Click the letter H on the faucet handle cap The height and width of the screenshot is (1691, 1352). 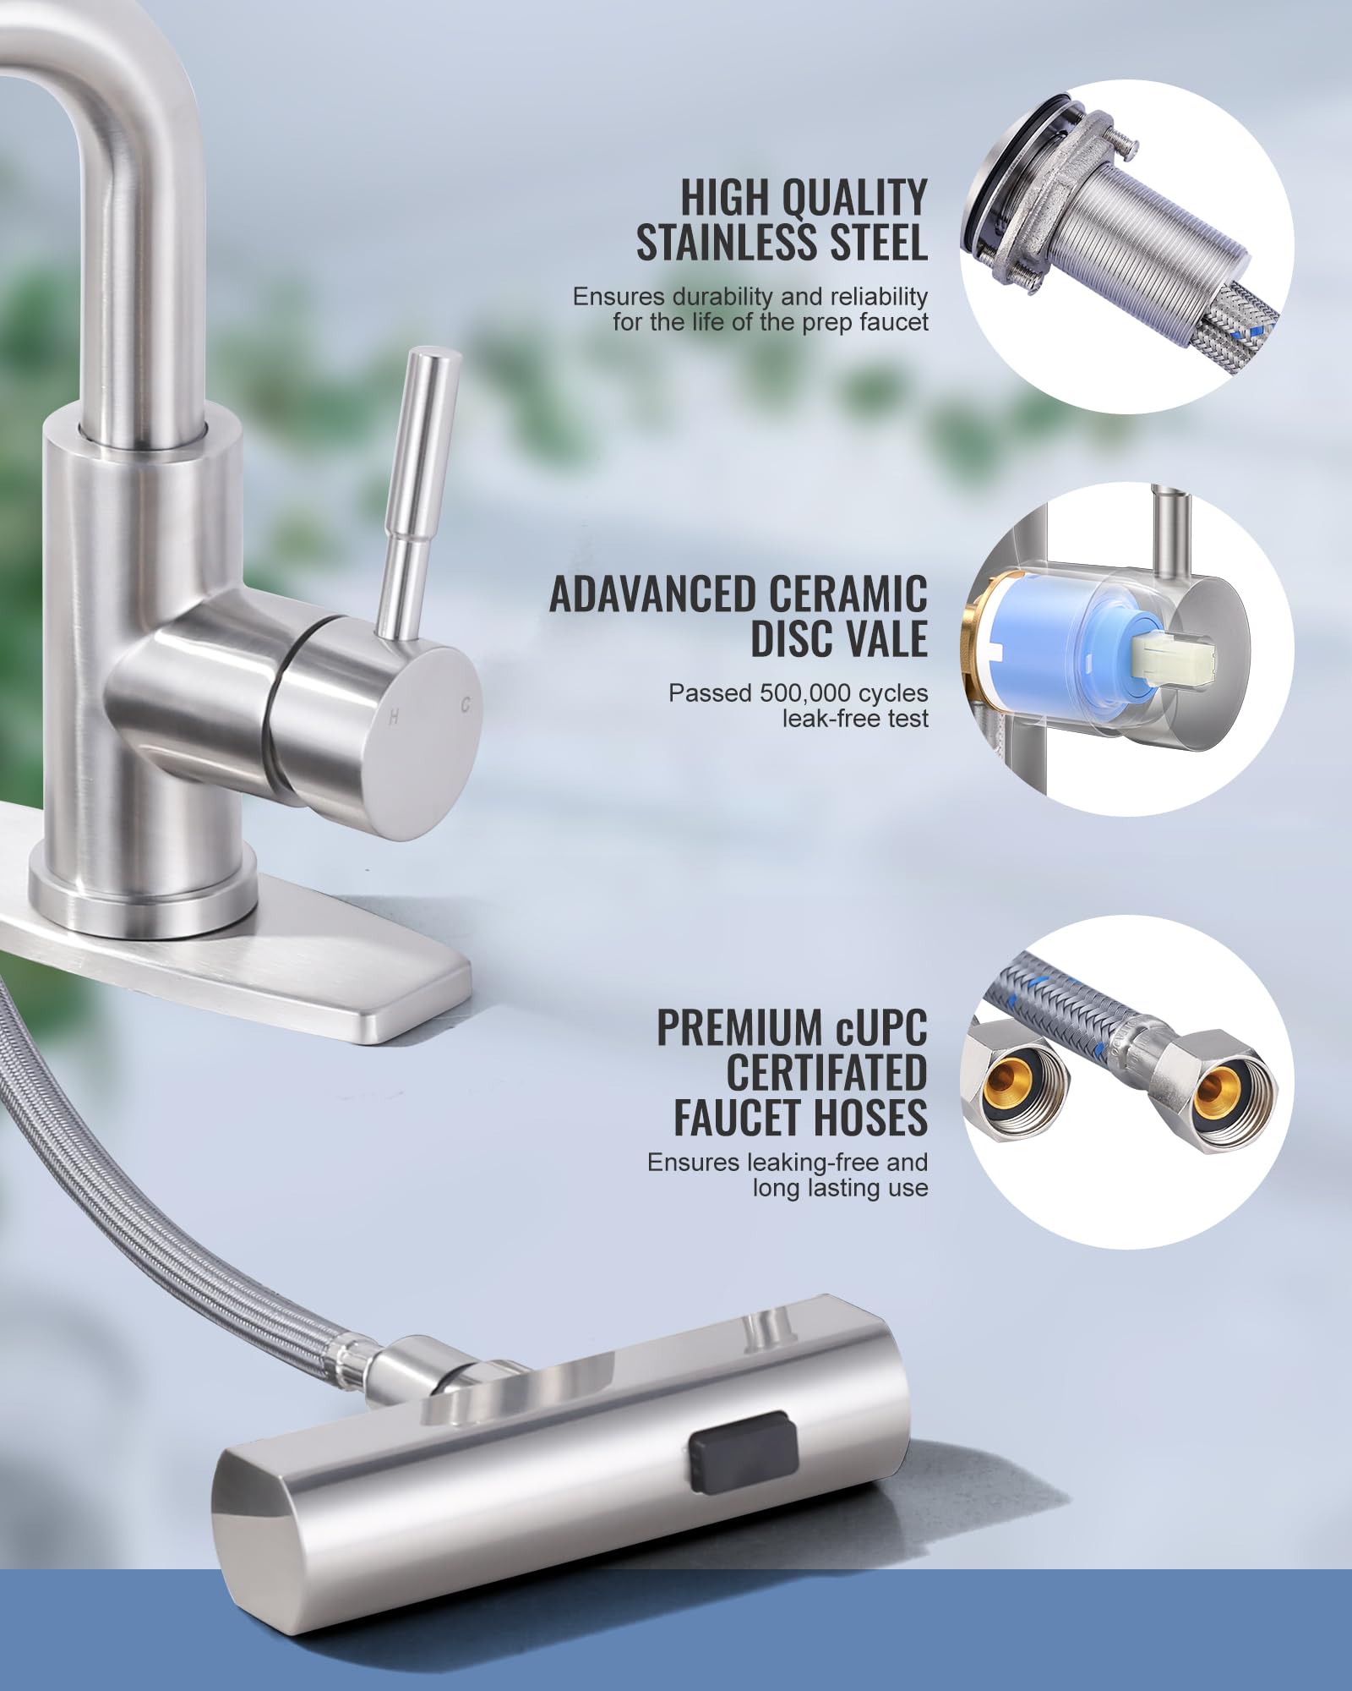pyautogui.click(x=393, y=718)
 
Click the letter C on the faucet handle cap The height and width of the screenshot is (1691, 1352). pyautogui.click(x=465, y=703)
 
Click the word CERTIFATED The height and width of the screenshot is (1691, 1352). pyautogui.click(x=826, y=1072)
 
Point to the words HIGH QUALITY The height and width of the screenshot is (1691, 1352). pyautogui.click(x=804, y=199)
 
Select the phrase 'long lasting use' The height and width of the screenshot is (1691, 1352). pyautogui.click(x=840, y=1188)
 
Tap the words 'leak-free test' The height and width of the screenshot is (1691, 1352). pyautogui.click(x=855, y=719)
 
